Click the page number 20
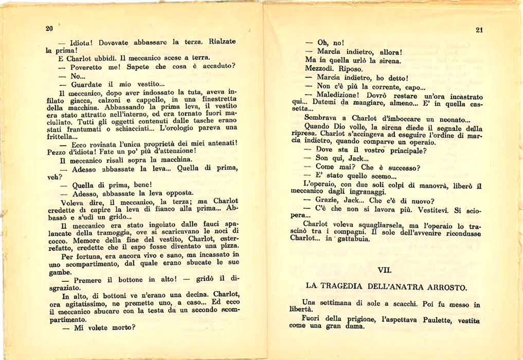tap(49, 28)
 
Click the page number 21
tap(479, 30)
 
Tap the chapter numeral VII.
tap(385, 269)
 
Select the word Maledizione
tap(338, 96)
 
